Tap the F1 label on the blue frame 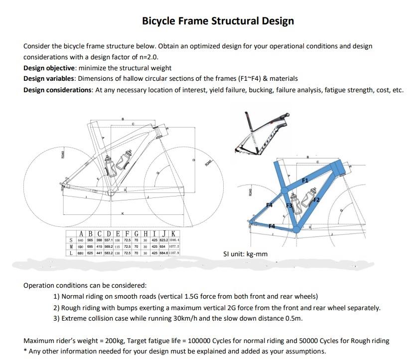305,179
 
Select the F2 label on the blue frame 315,199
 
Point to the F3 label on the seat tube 289,205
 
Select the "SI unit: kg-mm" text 245,254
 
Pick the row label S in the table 72,240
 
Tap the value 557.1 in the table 108,240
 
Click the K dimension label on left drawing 123,214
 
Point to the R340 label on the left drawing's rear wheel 63,155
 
